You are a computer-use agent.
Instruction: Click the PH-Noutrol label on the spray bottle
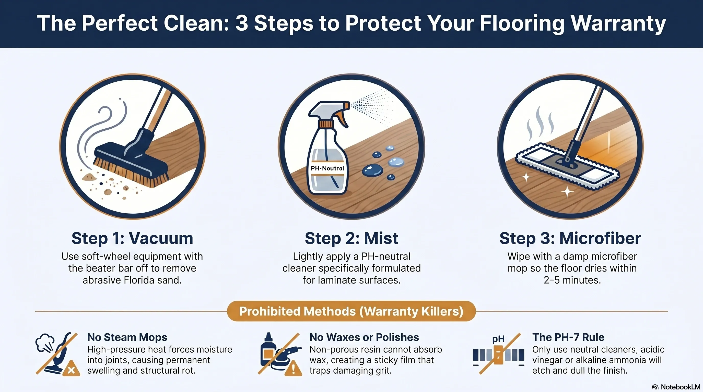point(327,168)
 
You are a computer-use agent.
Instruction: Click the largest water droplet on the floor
point(372,170)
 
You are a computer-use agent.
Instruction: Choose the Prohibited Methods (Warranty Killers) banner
point(351,311)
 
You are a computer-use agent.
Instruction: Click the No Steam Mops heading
point(127,337)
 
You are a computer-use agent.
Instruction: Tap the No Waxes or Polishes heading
point(364,337)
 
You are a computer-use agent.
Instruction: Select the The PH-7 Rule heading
point(568,337)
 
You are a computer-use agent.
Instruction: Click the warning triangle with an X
point(71,369)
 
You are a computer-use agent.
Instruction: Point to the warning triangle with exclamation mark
point(293,369)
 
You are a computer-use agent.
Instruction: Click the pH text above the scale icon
point(498,339)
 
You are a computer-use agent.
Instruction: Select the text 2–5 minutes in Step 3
point(572,280)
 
